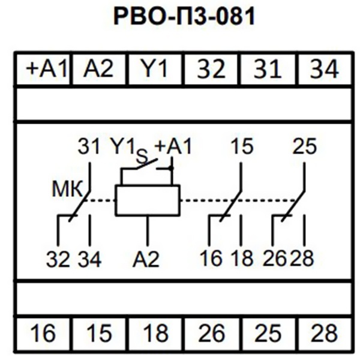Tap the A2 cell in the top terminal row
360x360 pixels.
(98, 70)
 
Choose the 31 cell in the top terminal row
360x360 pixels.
(268, 70)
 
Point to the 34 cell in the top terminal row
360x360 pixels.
(324, 70)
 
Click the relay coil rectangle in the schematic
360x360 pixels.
(148, 200)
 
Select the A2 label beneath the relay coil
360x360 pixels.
(147, 260)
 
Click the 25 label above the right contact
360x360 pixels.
(304, 146)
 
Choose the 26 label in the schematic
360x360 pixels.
(275, 260)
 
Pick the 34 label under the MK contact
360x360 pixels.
(89, 260)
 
